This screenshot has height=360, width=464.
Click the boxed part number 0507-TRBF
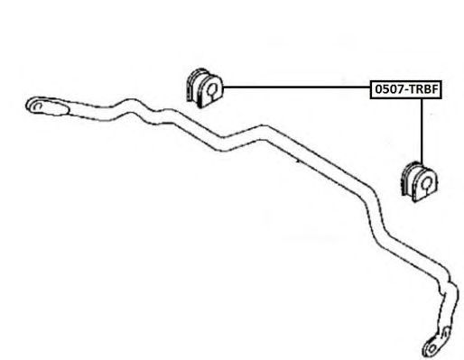[405, 89]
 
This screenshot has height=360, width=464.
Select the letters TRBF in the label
[423, 89]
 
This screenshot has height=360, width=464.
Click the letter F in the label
[434, 89]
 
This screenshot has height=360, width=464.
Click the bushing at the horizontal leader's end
[204, 88]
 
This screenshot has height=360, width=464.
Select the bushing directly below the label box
[419, 181]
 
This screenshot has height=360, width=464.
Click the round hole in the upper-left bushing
[212, 88]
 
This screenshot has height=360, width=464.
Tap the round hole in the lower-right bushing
[427, 182]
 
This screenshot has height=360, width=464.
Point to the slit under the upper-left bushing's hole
[211, 97]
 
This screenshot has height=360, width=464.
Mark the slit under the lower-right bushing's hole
[426, 191]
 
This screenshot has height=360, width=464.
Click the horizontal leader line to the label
[296, 87]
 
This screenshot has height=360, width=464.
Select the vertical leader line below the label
[422, 132]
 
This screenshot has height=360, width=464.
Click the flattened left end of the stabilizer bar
[48, 106]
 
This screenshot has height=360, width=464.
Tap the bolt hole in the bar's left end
[38, 106]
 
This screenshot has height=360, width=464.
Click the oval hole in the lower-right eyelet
[432, 348]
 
